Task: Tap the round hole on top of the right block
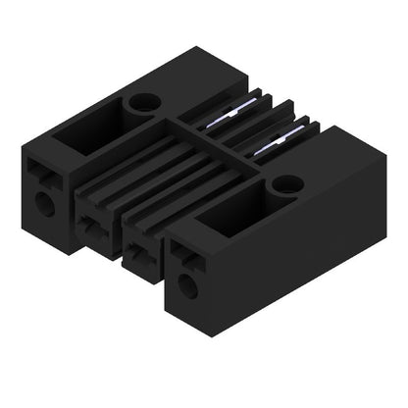click(x=286, y=182)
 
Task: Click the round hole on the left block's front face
click(x=43, y=203)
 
